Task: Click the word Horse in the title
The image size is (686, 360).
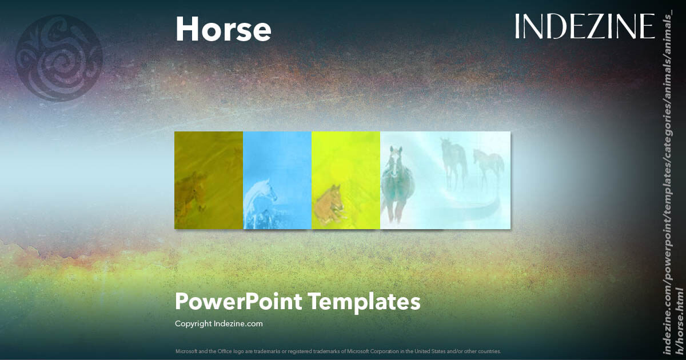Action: click(223, 29)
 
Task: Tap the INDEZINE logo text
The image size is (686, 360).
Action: click(584, 27)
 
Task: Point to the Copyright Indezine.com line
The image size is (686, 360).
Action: click(218, 323)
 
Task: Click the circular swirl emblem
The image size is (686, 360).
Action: click(59, 58)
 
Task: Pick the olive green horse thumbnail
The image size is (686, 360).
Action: click(209, 180)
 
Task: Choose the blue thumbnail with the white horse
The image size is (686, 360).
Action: click(277, 180)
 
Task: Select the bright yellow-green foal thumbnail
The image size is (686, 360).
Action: click(346, 180)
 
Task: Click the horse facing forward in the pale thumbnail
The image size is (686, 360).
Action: click(396, 183)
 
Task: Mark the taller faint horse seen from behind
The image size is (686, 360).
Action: click(453, 160)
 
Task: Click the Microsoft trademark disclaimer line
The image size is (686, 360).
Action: click(338, 351)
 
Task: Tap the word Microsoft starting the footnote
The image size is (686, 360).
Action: click(185, 351)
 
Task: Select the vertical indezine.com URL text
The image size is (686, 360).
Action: click(672, 183)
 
